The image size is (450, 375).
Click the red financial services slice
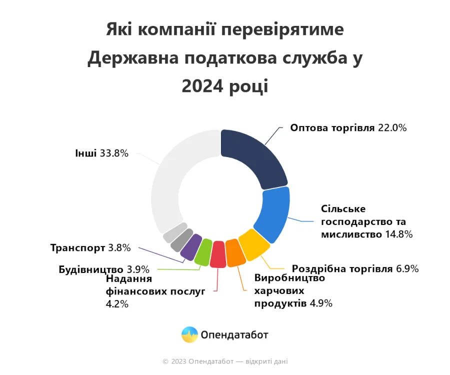[x=218, y=254]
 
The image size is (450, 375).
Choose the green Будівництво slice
[x=202, y=251]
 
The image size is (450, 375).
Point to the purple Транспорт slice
[x=189, y=246]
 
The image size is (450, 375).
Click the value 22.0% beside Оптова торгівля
[x=392, y=128]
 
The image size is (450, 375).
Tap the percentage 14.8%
[x=398, y=234]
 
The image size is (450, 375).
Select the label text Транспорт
[x=77, y=247]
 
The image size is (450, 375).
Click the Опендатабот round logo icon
[x=189, y=334]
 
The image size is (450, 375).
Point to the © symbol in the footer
[x=165, y=361]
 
